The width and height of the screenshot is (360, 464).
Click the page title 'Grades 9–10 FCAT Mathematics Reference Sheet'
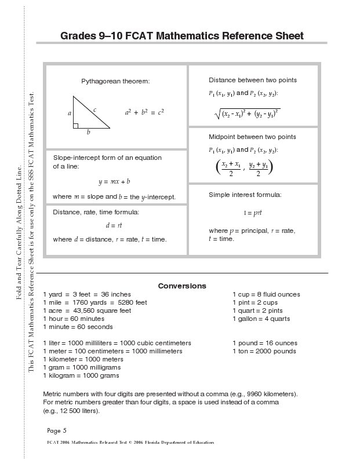pyautogui.click(x=182, y=36)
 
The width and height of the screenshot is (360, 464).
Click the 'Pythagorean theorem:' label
pyautogui.click(x=115, y=81)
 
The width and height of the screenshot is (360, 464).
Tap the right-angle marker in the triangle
pyautogui.click(x=76, y=126)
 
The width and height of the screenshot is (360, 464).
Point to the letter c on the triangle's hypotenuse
pyautogui.click(x=94, y=109)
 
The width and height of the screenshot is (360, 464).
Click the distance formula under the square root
pyautogui.click(x=248, y=114)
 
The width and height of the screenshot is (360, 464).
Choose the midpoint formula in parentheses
pyautogui.click(x=244, y=168)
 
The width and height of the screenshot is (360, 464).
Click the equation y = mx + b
pyautogui.click(x=114, y=181)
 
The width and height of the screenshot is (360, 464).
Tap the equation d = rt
pyautogui.click(x=114, y=225)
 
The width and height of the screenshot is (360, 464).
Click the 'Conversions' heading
pyautogui.click(x=182, y=286)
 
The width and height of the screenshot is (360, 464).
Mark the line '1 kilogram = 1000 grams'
pyautogui.click(x=81, y=375)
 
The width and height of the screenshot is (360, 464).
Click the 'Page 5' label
pyautogui.click(x=57, y=430)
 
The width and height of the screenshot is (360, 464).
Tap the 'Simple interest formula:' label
pyautogui.click(x=245, y=195)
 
